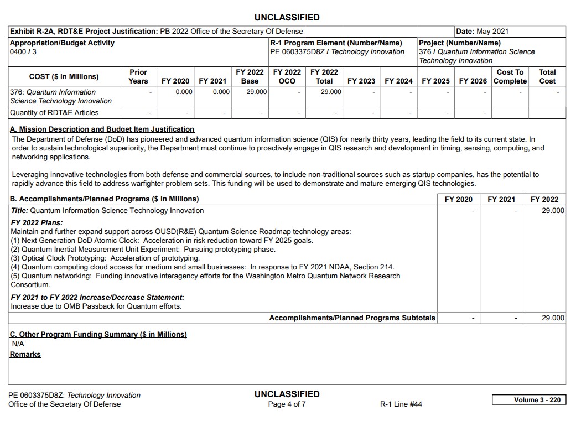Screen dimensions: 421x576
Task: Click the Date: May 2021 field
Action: (482, 32)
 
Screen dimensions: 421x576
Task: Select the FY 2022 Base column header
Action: (250, 76)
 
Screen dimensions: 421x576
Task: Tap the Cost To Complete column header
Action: (510, 76)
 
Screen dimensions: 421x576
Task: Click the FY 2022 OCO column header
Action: (287, 76)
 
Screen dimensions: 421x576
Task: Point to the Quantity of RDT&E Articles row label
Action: (54, 113)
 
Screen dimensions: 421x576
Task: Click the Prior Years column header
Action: (138, 76)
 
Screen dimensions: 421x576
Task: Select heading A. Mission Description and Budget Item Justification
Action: (102, 129)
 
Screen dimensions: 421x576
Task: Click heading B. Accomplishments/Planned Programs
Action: (105, 199)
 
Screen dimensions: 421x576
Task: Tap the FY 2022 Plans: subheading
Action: (37, 223)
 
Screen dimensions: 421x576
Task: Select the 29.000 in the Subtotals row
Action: (552, 318)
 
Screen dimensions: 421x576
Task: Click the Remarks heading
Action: (25, 355)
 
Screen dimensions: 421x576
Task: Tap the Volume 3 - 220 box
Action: (528, 400)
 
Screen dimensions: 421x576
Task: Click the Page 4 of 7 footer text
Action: (287, 404)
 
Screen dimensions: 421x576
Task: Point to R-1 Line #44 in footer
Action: (401, 404)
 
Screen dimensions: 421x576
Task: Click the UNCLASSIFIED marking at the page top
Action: (287, 18)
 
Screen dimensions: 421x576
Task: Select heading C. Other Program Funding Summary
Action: (98, 335)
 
